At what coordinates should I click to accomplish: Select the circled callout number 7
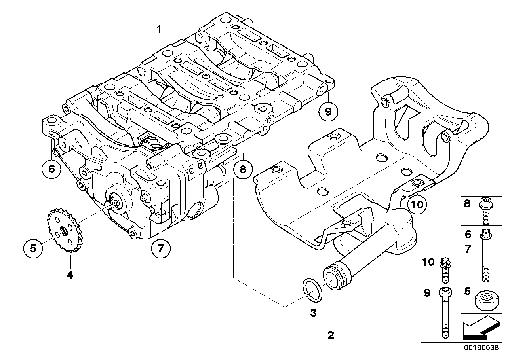pos(161,248)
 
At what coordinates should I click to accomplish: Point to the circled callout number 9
pos(328,112)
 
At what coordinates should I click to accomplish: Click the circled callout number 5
pos(33,248)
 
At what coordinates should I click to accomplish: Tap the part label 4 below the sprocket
pos(70,274)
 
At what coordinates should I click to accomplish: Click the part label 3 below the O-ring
pos(313,313)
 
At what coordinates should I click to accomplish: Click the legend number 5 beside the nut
pos(468,292)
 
